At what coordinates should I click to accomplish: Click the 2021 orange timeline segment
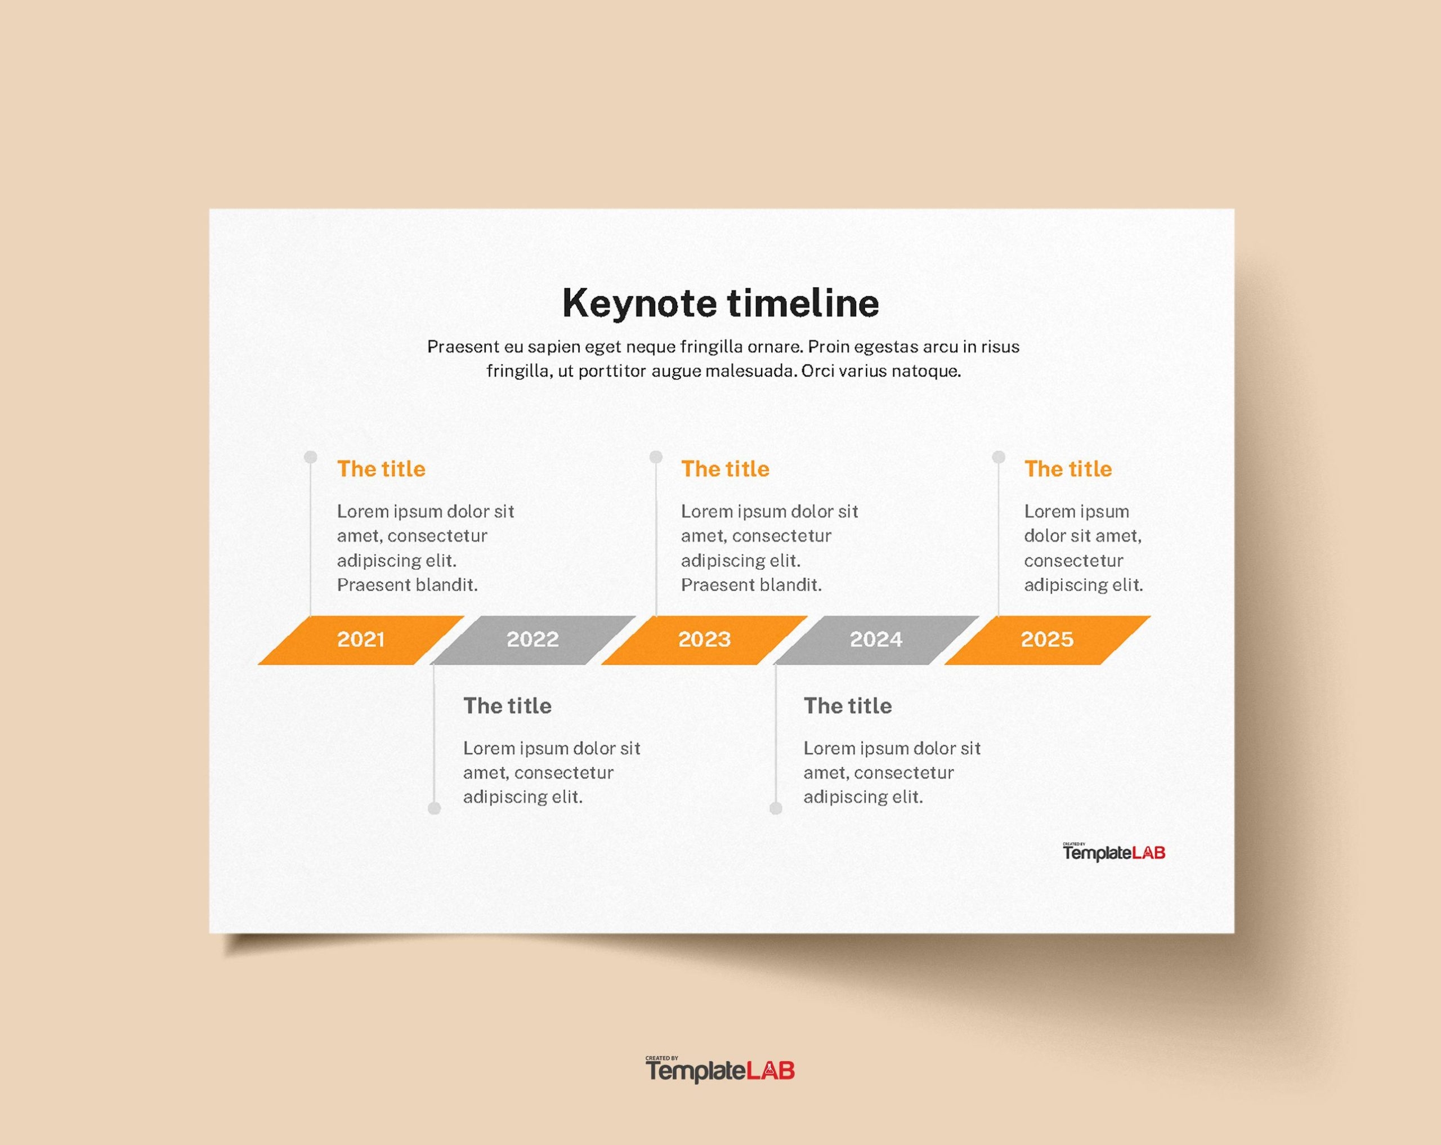(x=361, y=639)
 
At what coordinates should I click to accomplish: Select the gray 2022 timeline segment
(x=532, y=639)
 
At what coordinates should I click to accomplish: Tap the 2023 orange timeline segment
(x=705, y=639)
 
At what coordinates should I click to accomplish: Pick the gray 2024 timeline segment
(x=875, y=639)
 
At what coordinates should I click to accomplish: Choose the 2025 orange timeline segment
(x=1046, y=639)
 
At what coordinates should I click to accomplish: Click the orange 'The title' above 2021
(x=381, y=469)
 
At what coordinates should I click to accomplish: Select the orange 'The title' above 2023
(x=725, y=469)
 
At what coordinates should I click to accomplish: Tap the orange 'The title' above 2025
(x=1068, y=469)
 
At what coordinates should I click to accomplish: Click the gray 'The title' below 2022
(x=507, y=706)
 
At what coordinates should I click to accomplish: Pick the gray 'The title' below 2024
(x=848, y=706)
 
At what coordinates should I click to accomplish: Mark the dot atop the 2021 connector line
(x=311, y=457)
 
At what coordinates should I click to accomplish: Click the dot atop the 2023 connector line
(x=656, y=457)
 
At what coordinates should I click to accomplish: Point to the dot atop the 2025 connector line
(x=999, y=457)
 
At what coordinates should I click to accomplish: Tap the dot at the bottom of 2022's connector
(x=435, y=809)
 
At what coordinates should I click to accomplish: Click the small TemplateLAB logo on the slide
(x=1114, y=853)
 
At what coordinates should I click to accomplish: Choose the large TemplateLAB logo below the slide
(x=720, y=1070)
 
